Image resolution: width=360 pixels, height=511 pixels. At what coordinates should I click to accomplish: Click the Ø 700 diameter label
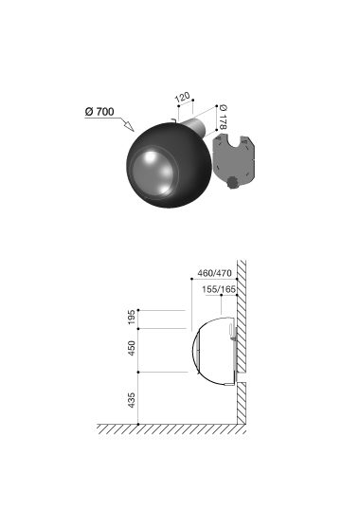pos(99,112)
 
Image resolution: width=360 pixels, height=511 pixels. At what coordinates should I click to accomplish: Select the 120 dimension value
pos(183,97)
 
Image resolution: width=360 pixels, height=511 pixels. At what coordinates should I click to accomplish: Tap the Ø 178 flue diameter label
pos(224,117)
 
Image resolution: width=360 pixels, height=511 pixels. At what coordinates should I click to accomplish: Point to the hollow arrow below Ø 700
pos(127,124)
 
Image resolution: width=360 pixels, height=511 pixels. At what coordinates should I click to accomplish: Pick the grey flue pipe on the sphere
pos(195,127)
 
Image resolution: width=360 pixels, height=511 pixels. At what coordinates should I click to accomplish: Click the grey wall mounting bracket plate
pos(233,158)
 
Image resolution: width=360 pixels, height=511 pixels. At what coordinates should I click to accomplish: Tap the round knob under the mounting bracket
pos(233,182)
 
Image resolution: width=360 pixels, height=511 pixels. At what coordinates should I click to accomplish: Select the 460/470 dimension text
pos(214,273)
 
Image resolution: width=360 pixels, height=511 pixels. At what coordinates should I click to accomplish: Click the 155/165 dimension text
pos(219,289)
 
